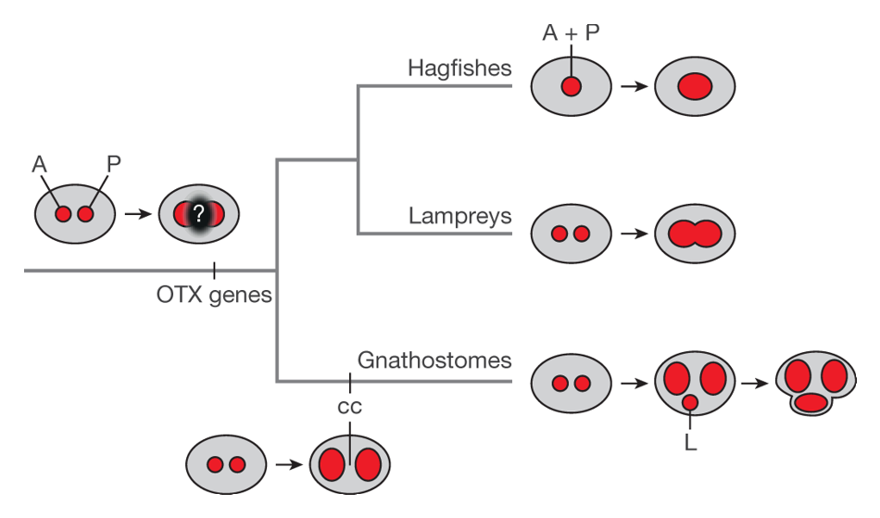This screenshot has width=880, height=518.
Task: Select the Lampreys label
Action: click(x=460, y=216)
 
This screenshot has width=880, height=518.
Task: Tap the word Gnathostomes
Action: click(x=434, y=360)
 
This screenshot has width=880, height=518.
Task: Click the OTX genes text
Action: click(x=214, y=296)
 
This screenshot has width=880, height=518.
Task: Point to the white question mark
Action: click(x=196, y=214)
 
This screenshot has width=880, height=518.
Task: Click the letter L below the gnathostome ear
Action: click(x=690, y=443)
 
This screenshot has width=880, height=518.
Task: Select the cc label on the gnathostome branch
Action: click(x=349, y=407)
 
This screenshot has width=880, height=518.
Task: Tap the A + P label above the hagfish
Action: click(x=570, y=34)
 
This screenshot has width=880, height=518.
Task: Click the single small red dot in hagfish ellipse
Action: click(x=571, y=86)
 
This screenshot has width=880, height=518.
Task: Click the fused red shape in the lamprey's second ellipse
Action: click(x=694, y=234)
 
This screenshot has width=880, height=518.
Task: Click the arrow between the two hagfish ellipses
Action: click(x=633, y=86)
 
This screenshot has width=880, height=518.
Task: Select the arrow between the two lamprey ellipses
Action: click(x=633, y=234)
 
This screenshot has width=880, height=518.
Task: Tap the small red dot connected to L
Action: click(x=690, y=404)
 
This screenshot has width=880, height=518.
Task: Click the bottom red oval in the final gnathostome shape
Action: click(x=811, y=402)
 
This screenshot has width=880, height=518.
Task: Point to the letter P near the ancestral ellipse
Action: click(x=113, y=164)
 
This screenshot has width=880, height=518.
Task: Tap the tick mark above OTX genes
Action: click(x=214, y=271)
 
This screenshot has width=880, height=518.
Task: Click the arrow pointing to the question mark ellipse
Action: click(x=138, y=214)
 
